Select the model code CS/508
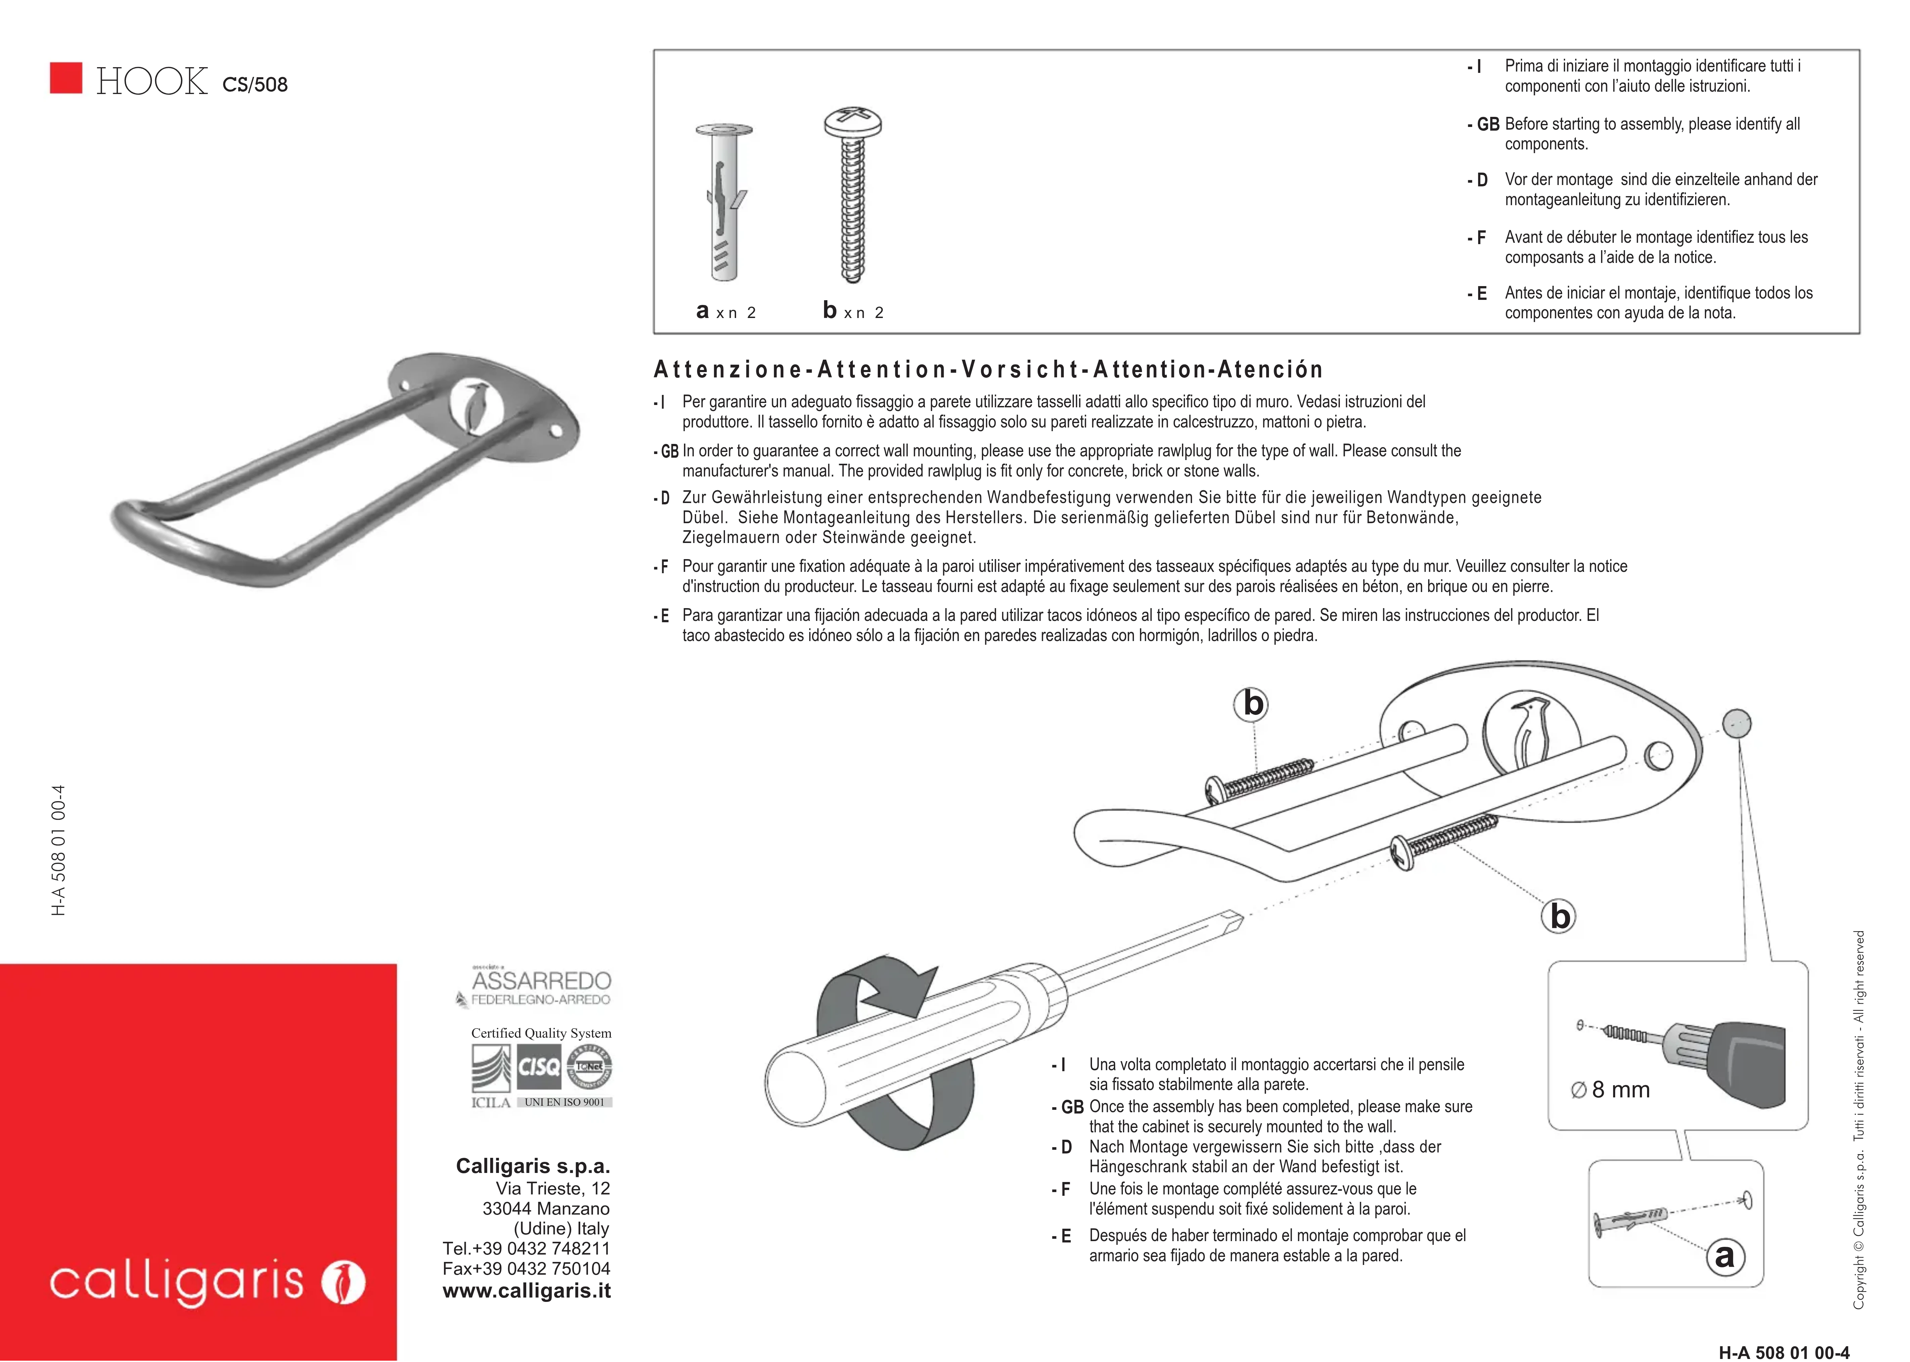coord(255,85)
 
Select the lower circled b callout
coord(1559,916)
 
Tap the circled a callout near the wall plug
coord(1725,1256)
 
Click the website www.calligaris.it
coord(527,1291)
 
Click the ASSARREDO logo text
coord(542,981)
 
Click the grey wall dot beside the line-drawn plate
coord(1736,723)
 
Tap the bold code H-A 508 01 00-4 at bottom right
coord(1783,1352)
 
